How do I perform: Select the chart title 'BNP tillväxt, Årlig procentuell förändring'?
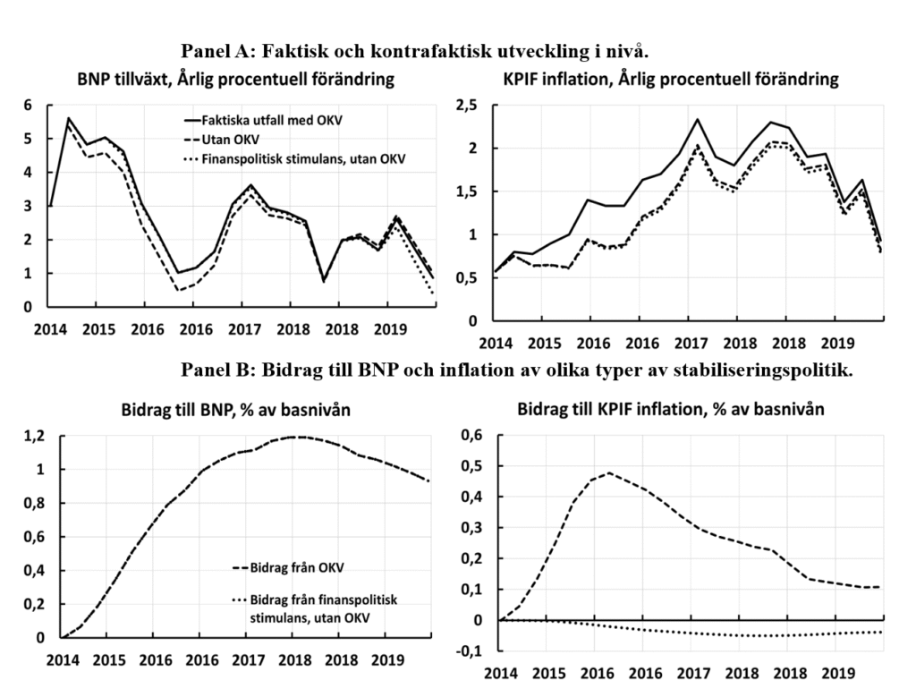235,80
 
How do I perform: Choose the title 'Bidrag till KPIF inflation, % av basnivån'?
672,411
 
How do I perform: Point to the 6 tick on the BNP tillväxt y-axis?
28,106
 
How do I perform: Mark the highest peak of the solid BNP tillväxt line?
68,118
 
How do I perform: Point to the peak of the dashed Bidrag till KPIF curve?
610,472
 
